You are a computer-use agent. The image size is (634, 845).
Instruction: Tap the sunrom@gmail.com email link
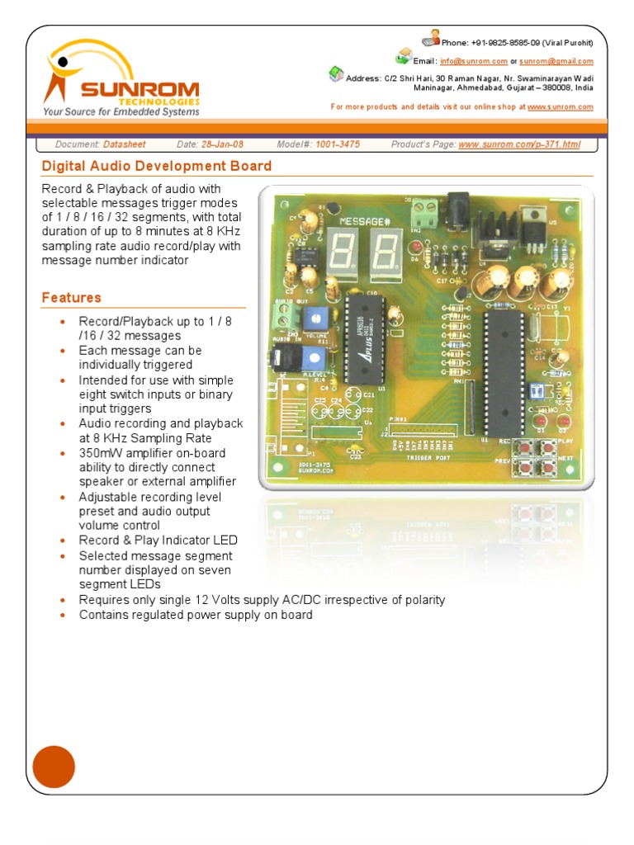[556, 61]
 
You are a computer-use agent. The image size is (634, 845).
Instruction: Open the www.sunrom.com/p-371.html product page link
[519, 144]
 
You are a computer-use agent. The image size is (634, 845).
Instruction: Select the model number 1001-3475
[338, 144]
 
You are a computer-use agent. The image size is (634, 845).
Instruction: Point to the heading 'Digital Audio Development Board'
[157, 166]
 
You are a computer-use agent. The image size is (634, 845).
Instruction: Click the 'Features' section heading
[72, 298]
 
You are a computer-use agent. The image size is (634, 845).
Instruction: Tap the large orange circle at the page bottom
[54, 767]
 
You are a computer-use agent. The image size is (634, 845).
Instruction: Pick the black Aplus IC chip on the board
[363, 338]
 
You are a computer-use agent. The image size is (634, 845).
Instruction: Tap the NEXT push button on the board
[546, 467]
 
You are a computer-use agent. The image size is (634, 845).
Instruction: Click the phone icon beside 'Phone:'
[429, 39]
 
